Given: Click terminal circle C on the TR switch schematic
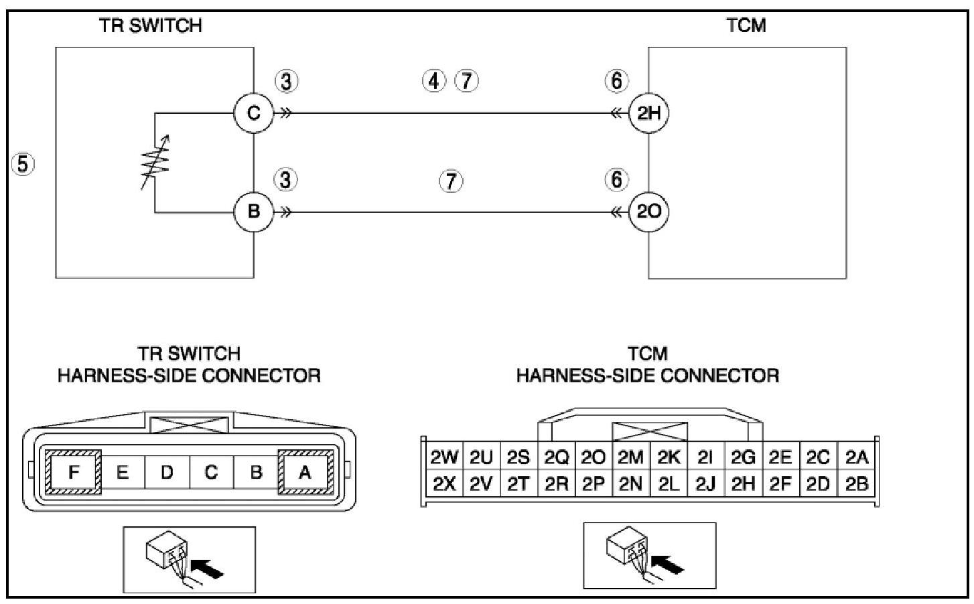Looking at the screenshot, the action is pyautogui.click(x=253, y=113).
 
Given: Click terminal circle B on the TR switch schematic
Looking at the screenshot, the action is pyautogui.click(x=253, y=212).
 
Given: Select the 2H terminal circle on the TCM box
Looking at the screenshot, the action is pyautogui.click(x=648, y=113).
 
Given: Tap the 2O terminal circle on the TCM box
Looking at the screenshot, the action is pyautogui.click(x=648, y=212).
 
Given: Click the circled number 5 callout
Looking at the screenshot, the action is pyautogui.click(x=23, y=164).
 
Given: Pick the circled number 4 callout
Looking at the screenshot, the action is pyautogui.click(x=434, y=81).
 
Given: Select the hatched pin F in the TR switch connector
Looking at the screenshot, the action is pyautogui.click(x=74, y=472).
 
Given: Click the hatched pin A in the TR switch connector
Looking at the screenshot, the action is pyautogui.click(x=305, y=472).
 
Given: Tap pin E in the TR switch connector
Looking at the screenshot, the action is pyautogui.click(x=123, y=472).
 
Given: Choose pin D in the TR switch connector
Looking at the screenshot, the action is pyautogui.click(x=167, y=472).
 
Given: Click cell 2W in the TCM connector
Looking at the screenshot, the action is pyautogui.click(x=444, y=457).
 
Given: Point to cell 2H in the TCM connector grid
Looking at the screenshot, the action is pyautogui.click(x=743, y=483).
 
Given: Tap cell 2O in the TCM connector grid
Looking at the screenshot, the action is pyautogui.click(x=594, y=457).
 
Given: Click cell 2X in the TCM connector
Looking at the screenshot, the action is pyautogui.click(x=444, y=483).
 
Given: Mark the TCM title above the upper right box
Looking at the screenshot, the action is pyautogui.click(x=746, y=25).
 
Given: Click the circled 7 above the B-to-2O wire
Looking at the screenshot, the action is pyautogui.click(x=451, y=181).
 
